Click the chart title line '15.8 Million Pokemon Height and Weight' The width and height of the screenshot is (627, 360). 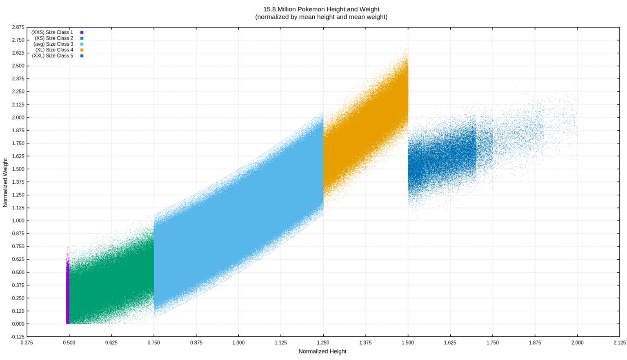[321, 9]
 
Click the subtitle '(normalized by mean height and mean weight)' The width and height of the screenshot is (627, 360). [321, 17]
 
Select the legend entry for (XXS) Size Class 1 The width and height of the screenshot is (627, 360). [52, 32]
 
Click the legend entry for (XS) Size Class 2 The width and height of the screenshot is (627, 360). [54, 38]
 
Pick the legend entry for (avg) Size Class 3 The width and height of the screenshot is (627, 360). [53, 44]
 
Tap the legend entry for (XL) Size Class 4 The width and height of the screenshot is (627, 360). [54, 50]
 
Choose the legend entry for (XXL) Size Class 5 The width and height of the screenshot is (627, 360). [53, 56]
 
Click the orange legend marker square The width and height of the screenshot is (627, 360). [82, 50]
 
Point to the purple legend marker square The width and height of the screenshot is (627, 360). [82, 32]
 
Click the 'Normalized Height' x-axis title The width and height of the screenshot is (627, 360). [322, 351]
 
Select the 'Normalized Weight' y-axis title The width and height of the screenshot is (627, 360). [5, 182]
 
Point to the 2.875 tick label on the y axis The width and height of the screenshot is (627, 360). [18, 27]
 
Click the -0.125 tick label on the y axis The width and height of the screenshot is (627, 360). [18, 337]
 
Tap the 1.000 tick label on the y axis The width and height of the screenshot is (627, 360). [18, 221]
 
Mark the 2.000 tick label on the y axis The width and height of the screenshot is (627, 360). [18, 118]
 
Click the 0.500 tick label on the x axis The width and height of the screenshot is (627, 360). [69, 342]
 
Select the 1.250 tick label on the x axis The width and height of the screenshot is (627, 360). [323, 342]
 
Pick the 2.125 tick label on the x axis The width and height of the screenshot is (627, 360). [619, 342]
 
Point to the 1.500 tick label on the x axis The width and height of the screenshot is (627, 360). [408, 342]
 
